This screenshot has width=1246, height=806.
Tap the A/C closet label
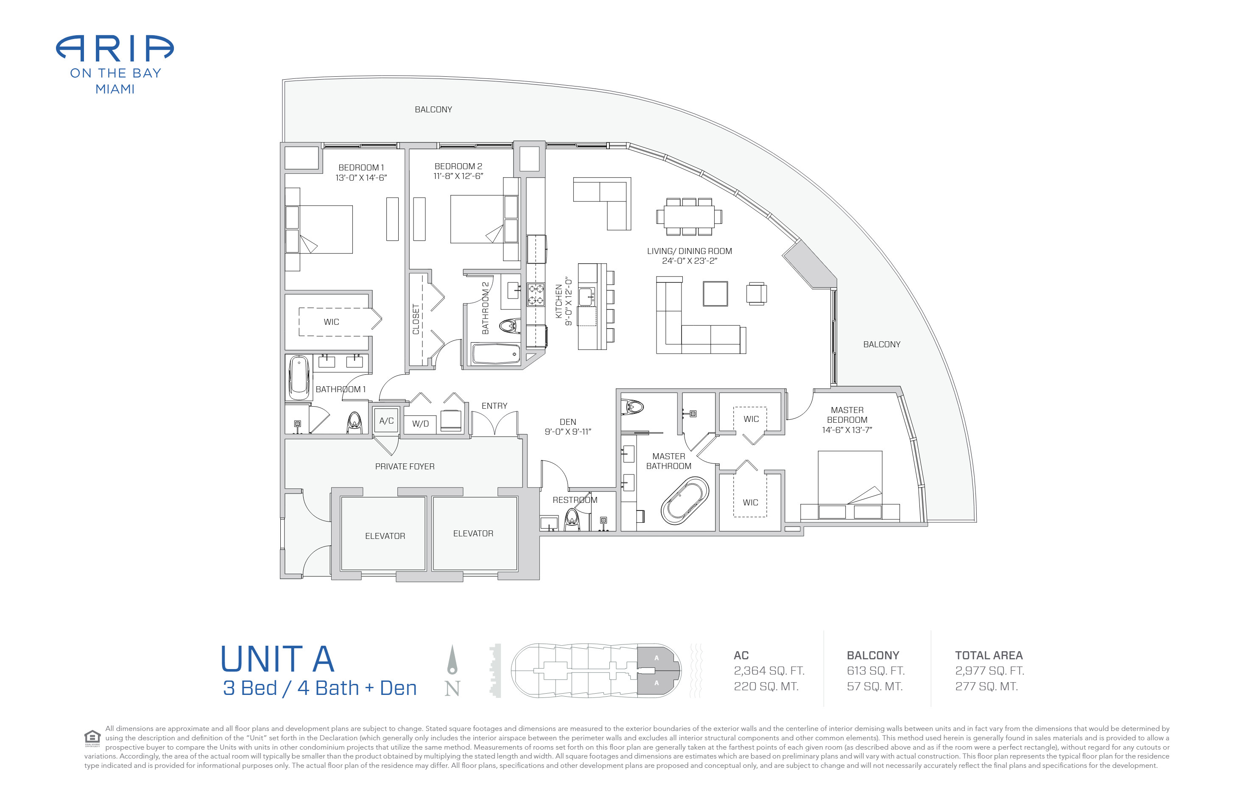[386, 420]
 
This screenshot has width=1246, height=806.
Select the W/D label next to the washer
[420, 424]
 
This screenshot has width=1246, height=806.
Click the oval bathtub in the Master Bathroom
[685, 500]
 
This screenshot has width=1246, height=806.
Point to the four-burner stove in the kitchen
[536, 294]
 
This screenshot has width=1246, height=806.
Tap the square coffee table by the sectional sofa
[715, 294]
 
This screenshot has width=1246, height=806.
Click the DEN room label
[567, 422]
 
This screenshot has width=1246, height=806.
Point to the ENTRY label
[494, 406]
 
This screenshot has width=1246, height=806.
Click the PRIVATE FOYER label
[405, 466]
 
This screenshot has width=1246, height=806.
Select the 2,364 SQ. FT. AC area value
[769, 670]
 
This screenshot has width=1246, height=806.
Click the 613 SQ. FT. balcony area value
[875, 670]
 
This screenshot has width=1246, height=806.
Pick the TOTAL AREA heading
[989, 655]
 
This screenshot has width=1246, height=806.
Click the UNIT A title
[277, 659]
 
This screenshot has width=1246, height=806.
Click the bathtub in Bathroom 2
[496, 353]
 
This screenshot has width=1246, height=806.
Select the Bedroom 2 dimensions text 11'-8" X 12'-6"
[458, 176]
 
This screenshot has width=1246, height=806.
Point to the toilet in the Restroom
[573, 520]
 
